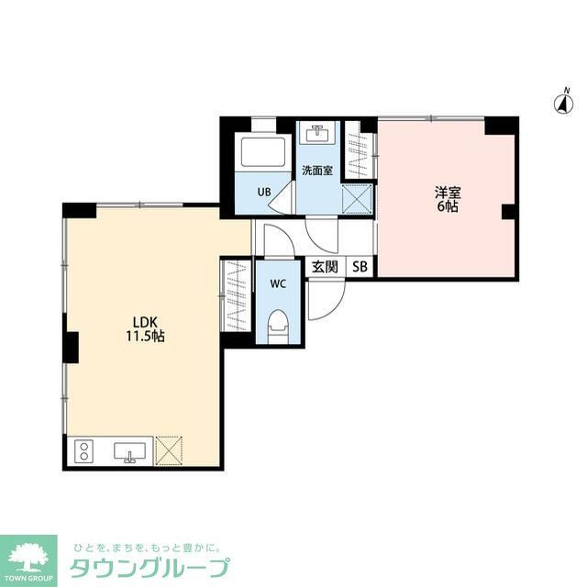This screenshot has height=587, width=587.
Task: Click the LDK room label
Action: [146, 321]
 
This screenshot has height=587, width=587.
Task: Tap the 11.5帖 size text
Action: [146, 337]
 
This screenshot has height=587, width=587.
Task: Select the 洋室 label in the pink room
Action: [448, 192]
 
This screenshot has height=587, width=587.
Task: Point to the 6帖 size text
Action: [448, 206]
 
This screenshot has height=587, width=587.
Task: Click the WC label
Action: [278, 284]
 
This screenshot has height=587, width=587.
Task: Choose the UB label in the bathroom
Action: [264, 192]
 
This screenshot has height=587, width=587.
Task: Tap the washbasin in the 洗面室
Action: [320, 135]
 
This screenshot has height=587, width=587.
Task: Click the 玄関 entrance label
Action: [325, 267]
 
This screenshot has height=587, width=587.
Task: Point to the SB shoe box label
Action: [360, 267]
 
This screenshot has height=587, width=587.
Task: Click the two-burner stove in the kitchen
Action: [84, 451]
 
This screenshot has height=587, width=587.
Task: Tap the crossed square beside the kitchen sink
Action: [170, 450]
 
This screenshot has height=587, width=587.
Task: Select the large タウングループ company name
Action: [150, 567]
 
